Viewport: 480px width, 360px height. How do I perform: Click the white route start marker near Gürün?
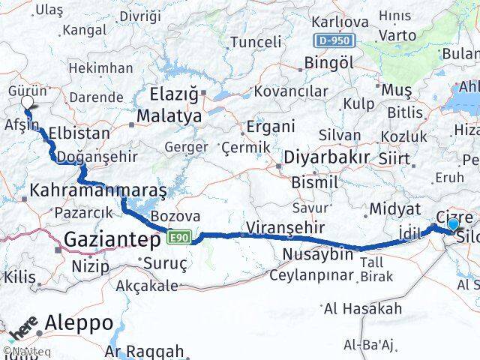pyautogui.click(x=27, y=103)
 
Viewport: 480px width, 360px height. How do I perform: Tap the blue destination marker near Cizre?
pyautogui.click(x=452, y=223)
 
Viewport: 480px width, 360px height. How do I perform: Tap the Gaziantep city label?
pyautogui.click(x=112, y=240)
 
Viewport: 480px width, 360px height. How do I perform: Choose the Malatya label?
pyautogui.click(x=169, y=117)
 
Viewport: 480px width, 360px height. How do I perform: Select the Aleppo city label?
pyautogui.click(x=79, y=323)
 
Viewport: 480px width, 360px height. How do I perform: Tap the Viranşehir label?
pyautogui.click(x=284, y=227)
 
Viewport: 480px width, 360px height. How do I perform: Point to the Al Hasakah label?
pyautogui.click(x=363, y=308)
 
